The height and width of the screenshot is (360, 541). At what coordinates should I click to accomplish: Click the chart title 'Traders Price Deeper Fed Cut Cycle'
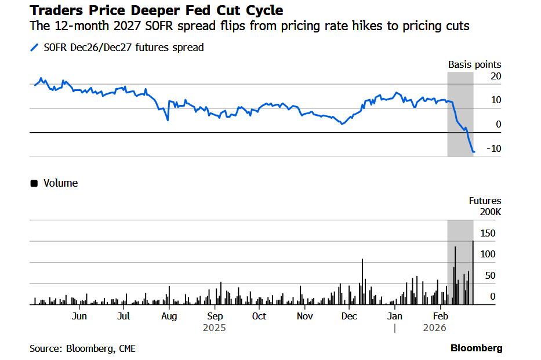point(156,10)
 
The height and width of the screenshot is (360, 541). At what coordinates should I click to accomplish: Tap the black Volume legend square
point(34,183)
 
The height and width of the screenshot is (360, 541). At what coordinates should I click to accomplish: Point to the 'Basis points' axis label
point(474,65)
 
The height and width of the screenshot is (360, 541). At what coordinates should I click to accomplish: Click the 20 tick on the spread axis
point(495,76)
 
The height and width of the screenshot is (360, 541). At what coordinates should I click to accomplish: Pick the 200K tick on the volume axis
point(490,212)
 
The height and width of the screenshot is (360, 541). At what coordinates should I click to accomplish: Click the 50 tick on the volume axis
point(490,275)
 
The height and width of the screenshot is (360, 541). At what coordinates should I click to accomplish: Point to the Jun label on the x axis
point(79,316)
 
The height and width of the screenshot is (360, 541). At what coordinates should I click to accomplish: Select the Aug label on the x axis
point(169,316)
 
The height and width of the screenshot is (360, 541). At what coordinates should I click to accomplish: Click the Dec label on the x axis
point(349,316)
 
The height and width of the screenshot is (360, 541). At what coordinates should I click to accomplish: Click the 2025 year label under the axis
point(214,328)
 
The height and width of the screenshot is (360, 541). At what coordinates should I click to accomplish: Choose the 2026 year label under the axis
point(434,328)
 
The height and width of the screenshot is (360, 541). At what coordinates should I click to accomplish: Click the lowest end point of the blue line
point(474,152)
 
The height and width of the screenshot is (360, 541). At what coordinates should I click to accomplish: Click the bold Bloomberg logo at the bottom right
point(476,348)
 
